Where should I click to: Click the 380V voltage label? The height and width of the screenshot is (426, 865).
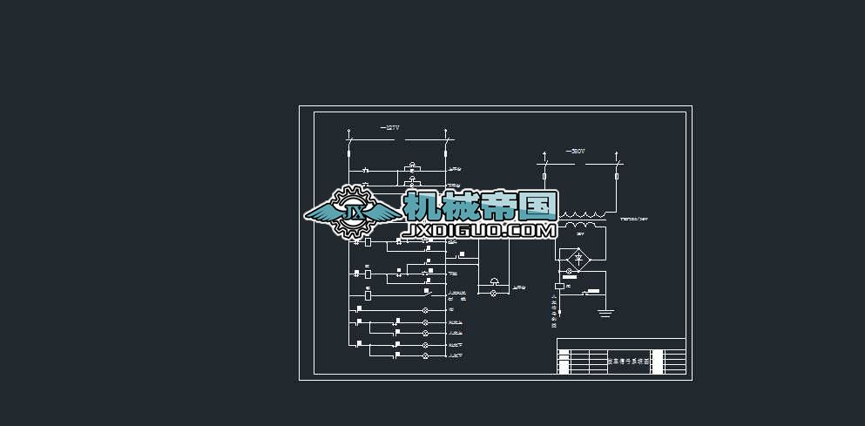coord(575,152)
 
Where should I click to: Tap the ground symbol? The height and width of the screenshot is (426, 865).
coord(606,311)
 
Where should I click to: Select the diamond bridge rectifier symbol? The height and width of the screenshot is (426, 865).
coord(576,258)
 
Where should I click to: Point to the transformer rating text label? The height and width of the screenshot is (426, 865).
coord(634,220)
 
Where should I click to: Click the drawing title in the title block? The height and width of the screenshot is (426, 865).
coord(628,360)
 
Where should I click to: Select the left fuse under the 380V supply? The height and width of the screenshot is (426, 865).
coord(544,176)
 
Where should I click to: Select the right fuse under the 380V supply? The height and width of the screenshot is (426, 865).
coord(618,176)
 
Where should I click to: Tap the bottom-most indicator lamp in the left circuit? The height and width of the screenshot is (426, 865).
coord(426,356)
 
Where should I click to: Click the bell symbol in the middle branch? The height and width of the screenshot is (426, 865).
coord(496,281)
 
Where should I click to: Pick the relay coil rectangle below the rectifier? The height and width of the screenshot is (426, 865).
coord(558,285)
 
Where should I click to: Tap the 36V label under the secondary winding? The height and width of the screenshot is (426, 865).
coord(579,234)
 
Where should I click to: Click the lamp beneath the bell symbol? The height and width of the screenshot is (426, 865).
coord(496,294)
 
